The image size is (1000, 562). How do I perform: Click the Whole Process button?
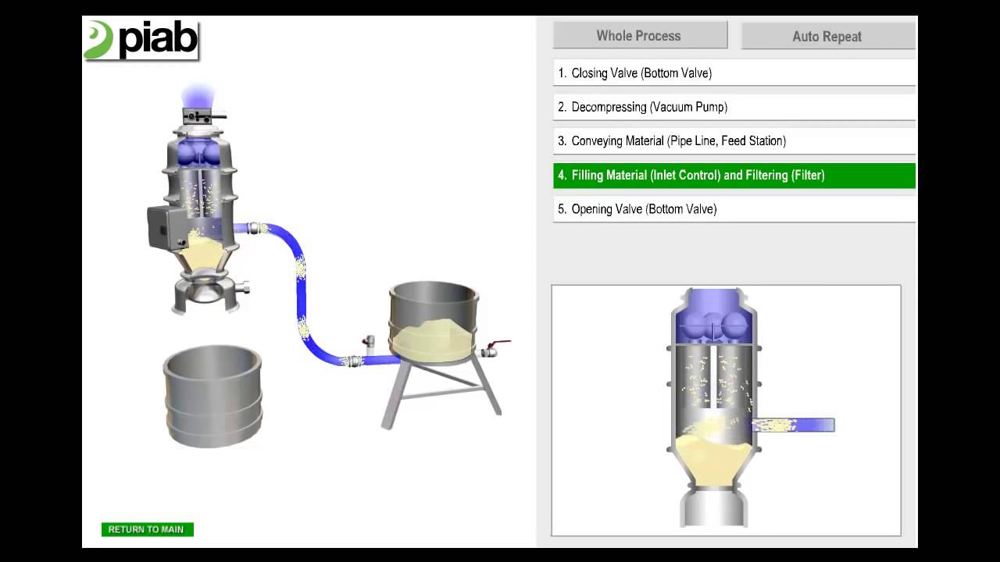point(640,35)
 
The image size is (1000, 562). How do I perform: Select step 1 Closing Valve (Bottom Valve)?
point(734,73)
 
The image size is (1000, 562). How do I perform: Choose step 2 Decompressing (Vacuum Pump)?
point(734,107)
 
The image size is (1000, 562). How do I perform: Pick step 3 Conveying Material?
point(734,141)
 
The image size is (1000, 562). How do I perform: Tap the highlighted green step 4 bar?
point(734,176)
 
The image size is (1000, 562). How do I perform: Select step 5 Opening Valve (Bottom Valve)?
point(734,209)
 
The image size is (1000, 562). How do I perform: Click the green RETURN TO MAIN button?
point(148,529)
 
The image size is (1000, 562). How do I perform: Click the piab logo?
point(141,40)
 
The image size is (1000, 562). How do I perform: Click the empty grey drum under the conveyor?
point(212,396)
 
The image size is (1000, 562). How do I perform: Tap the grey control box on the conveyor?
point(164,227)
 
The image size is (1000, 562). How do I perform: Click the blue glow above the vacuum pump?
point(198,95)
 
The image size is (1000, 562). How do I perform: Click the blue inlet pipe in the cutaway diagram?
point(793,425)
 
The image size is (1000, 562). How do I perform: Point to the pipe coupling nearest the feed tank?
point(355,361)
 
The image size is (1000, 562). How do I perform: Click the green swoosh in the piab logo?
point(98,39)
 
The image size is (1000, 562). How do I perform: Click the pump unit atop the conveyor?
point(201,117)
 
